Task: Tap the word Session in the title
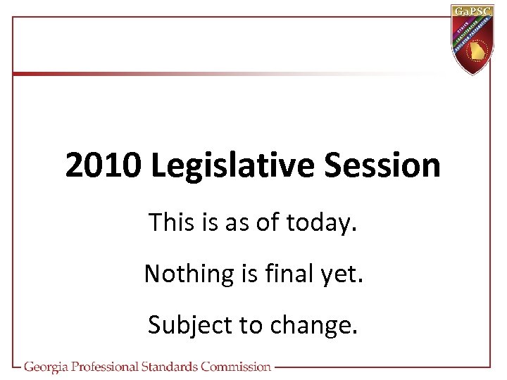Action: point(383,166)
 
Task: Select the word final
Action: point(291,273)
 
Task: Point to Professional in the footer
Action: point(113,367)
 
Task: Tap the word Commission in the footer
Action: point(236,367)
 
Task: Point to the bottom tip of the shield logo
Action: point(473,74)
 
